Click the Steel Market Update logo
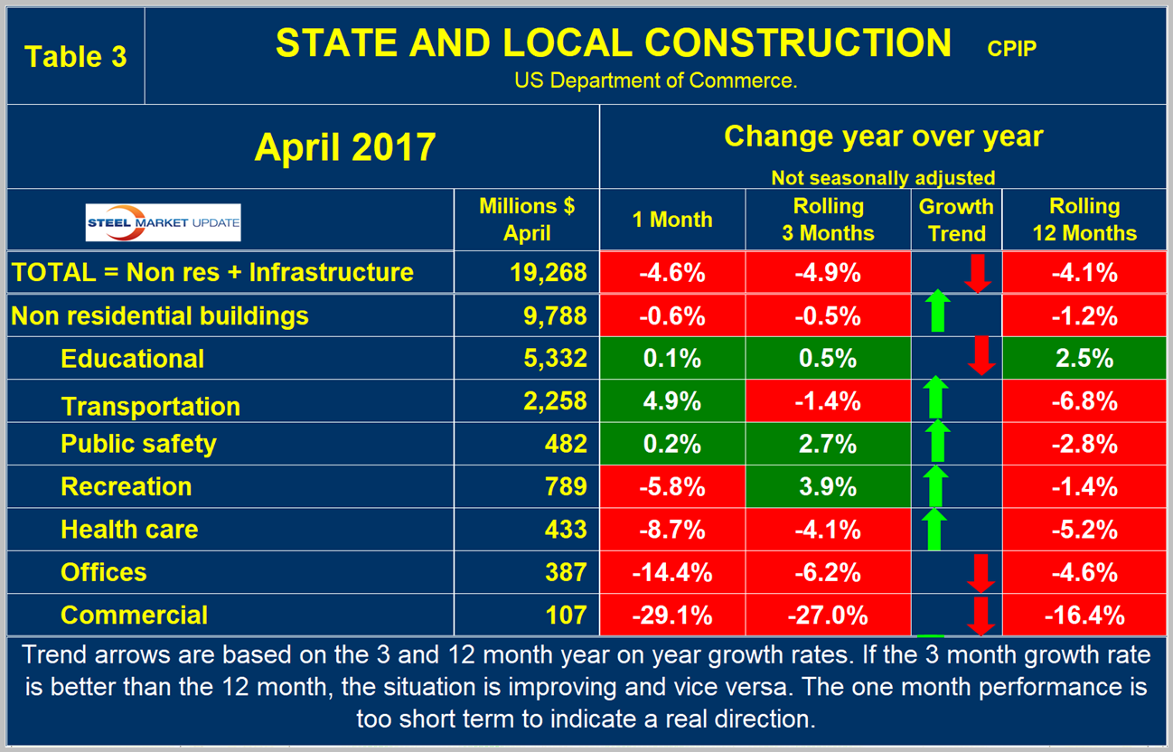click(163, 222)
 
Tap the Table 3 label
click(75, 56)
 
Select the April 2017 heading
click(345, 146)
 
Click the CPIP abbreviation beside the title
click(1011, 48)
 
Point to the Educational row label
click(132, 359)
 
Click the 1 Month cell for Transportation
click(672, 400)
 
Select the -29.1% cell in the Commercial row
click(672, 616)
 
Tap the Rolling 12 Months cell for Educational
click(1084, 358)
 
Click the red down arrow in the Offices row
click(981, 572)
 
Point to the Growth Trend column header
click(956, 220)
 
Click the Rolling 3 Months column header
click(830, 220)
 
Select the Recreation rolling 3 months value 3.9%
click(830, 486)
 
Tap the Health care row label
click(129, 529)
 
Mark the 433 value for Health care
click(567, 529)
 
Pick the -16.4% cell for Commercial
click(1084, 616)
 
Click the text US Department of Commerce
click(656, 80)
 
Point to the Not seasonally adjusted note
click(883, 178)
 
